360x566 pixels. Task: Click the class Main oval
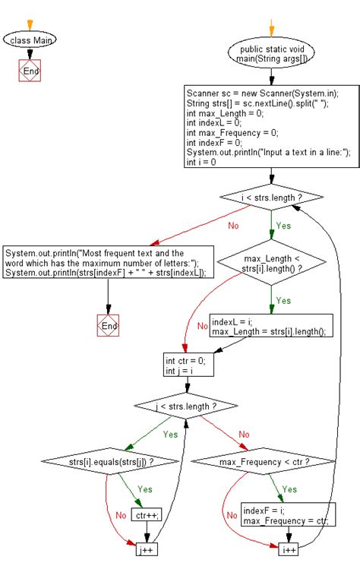pyautogui.click(x=30, y=40)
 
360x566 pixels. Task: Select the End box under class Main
pyautogui.click(x=30, y=71)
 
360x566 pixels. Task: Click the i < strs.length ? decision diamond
pyautogui.click(x=272, y=198)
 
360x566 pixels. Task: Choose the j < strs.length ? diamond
pyautogui.click(x=185, y=406)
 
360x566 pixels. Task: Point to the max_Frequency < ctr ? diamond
pyautogui.click(x=264, y=460)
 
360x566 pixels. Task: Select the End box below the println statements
pyautogui.click(x=109, y=325)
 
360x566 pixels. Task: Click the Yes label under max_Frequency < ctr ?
pyautogui.click(x=290, y=489)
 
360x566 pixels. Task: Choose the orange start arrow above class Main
pyautogui.click(x=30, y=22)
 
